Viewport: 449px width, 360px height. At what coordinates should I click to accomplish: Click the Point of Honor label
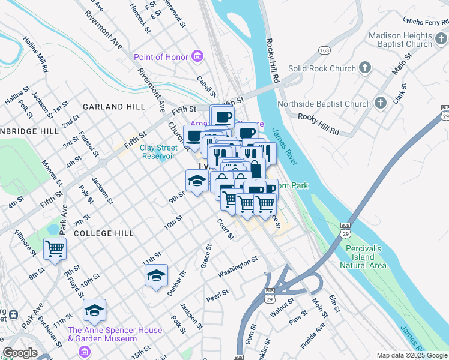click(x=160, y=57)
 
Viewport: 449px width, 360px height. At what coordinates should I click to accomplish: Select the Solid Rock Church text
click(x=322, y=68)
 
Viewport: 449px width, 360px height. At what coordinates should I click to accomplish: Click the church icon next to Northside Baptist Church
click(x=380, y=103)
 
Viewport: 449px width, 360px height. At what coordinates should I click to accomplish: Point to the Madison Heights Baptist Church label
click(x=400, y=40)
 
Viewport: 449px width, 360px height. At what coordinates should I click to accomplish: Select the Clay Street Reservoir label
click(x=158, y=152)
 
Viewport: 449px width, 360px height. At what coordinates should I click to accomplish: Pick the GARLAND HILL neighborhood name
click(x=114, y=106)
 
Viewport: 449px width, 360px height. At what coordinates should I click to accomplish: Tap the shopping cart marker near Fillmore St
click(x=55, y=248)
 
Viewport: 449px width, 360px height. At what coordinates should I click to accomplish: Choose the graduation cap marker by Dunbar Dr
click(x=156, y=276)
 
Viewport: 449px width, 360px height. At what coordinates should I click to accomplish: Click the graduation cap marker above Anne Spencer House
click(x=94, y=310)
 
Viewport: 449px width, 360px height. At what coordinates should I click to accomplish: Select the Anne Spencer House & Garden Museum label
click(x=115, y=334)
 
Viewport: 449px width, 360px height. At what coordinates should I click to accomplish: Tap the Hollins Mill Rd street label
click(x=36, y=53)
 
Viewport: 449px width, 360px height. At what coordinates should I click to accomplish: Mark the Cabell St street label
click(x=206, y=86)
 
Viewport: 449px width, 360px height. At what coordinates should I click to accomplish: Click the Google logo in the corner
click(x=20, y=353)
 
